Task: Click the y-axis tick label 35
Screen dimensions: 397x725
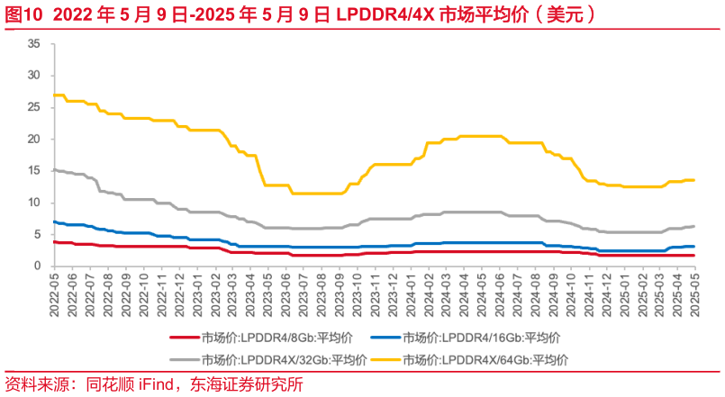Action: click(33, 43)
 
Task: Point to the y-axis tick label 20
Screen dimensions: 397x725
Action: click(33, 139)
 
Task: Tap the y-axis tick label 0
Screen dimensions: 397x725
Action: click(37, 266)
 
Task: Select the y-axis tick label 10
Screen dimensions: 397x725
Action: click(33, 203)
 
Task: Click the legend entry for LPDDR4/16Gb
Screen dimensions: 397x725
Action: click(482, 338)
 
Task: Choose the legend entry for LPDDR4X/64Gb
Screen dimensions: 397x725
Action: click(485, 360)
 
